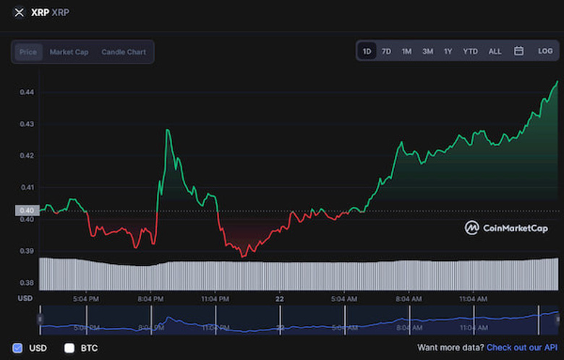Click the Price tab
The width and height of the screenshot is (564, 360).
28,52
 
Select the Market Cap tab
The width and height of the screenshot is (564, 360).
69,52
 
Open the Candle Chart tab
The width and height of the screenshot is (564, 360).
123,52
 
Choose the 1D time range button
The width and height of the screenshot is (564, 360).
367,51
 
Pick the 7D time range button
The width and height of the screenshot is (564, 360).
386,51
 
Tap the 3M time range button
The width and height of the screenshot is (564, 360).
427,51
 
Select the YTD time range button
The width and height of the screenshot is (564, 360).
471,51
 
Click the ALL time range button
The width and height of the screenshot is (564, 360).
495,51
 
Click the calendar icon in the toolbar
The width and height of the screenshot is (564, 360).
518,51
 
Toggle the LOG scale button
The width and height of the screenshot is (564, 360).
545,51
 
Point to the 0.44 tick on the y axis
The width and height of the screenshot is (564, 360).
26,93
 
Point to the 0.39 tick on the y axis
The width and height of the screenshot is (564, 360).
26,251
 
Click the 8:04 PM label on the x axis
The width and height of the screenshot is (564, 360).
150,298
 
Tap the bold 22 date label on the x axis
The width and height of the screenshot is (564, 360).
280,298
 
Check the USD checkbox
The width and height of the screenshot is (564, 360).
18,348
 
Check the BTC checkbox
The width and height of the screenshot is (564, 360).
69,348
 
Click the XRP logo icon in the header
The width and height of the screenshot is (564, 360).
20,12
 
